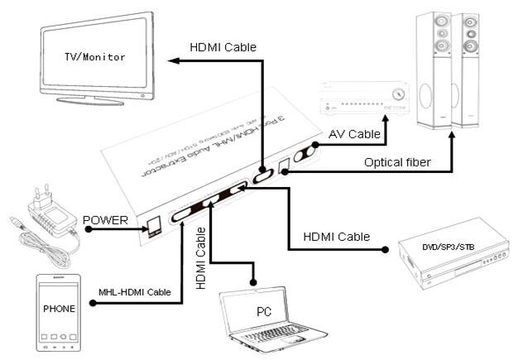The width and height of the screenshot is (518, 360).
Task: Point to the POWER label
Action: point(105,220)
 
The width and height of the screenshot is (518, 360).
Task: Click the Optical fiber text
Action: point(396,162)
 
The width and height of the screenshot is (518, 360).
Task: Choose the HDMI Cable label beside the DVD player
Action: point(336,236)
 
